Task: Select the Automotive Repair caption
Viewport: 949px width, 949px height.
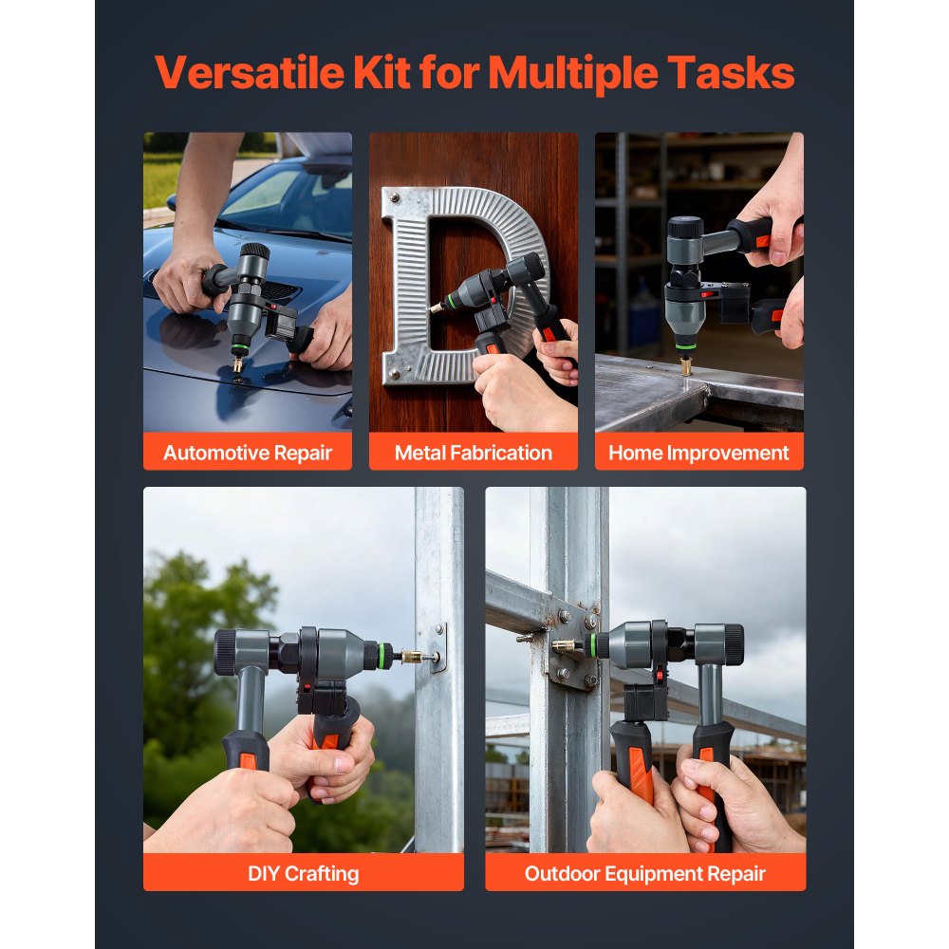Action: (248, 453)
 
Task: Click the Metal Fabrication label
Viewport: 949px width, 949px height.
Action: (473, 453)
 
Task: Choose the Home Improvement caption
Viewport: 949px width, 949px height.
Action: (698, 453)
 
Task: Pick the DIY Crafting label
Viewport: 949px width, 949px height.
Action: (304, 873)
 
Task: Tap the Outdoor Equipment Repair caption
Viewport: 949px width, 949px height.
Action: (645, 873)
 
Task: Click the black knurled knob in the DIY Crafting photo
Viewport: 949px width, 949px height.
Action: (225, 652)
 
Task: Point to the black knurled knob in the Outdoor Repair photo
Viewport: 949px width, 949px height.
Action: (733, 644)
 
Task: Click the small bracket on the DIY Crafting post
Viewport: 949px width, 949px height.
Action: (437, 648)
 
